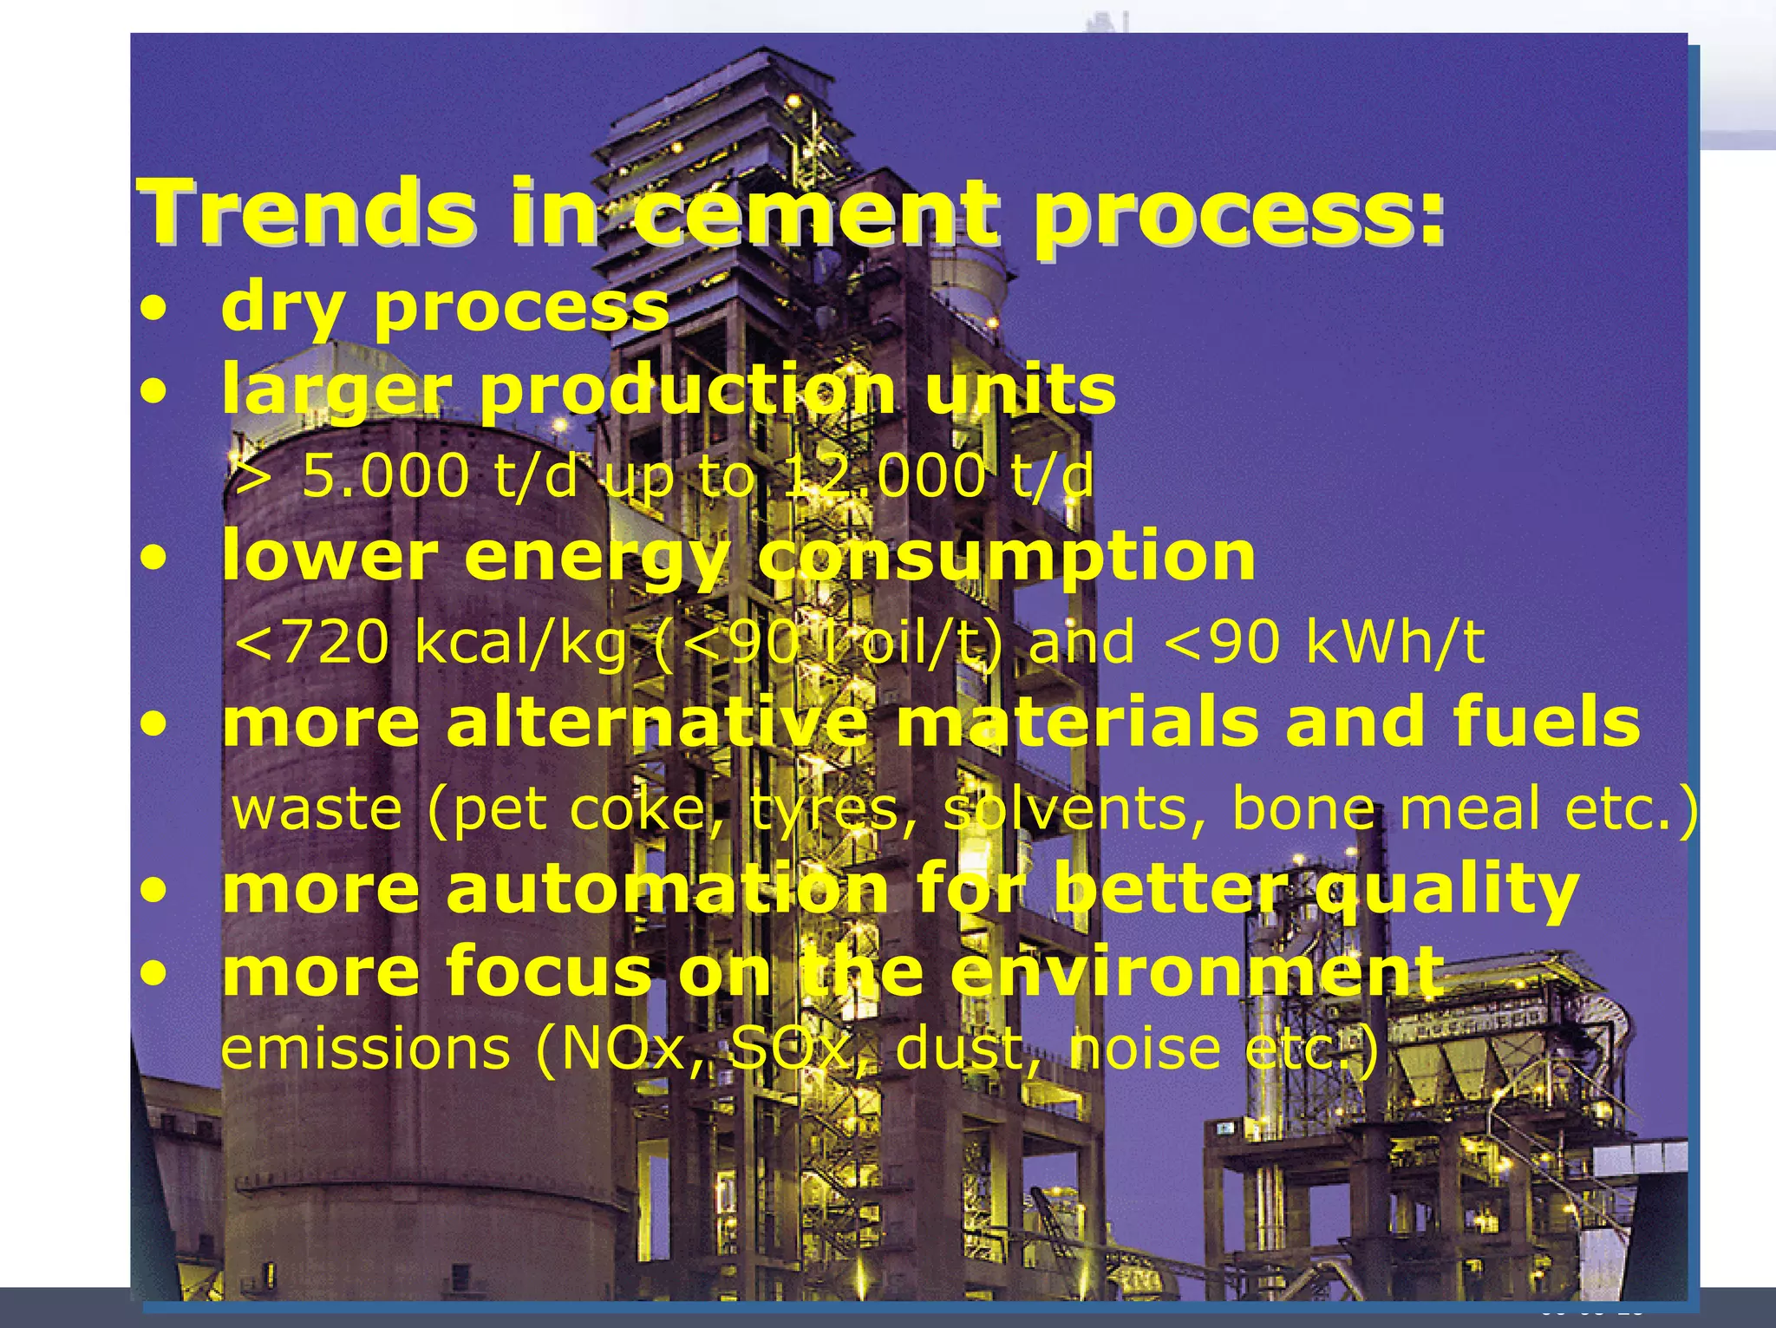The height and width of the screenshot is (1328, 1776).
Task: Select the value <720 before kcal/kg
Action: [x=312, y=643]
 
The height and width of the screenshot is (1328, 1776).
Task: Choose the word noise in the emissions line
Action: [x=1146, y=1049]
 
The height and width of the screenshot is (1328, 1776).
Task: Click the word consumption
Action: [x=1006, y=557]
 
